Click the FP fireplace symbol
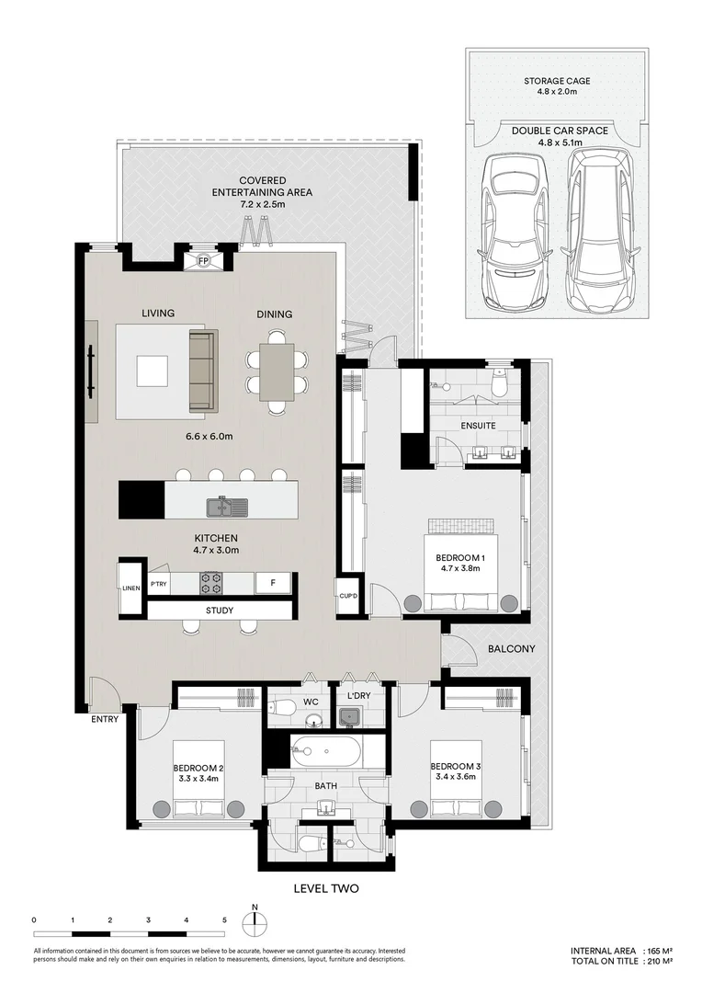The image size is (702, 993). coord(203,261)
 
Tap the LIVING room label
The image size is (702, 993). coord(158,314)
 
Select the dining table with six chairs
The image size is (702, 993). coord(276,371)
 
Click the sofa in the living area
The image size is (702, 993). coord(202,371)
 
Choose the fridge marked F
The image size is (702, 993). coord(272,582)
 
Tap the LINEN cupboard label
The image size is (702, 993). coord(131,588)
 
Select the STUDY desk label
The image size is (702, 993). coord(220,611)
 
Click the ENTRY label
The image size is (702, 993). coord(105,720)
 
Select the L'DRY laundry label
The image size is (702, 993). coord(358,696)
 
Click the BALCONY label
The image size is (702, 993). coord(512,648)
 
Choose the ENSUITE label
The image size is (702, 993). coord(479,426)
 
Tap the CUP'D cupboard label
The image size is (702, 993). coord(347,595)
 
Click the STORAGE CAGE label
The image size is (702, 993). coord(557,81)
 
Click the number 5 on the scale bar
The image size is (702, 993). coord(224,919)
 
